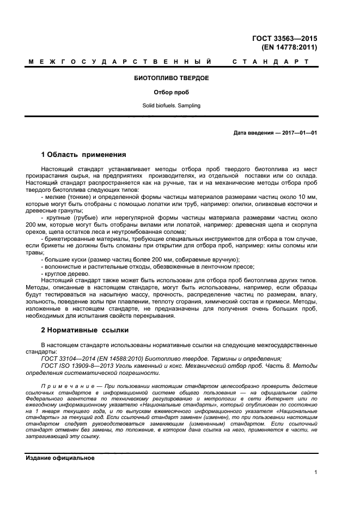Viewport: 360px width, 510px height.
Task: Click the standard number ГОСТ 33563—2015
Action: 292,38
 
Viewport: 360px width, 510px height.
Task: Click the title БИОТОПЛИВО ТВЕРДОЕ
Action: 171,78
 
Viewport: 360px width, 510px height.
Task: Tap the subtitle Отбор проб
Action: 171,92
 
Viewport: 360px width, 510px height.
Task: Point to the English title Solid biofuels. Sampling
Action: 171,105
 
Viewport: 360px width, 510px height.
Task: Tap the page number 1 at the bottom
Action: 316,472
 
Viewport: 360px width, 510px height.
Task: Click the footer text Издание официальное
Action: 60,458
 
